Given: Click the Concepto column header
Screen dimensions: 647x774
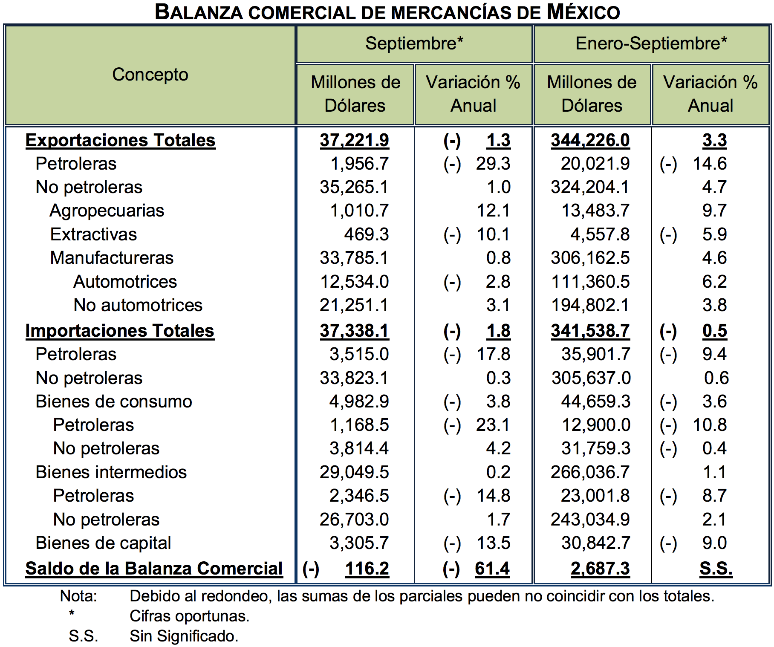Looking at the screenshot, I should pyautogui.click(x=150, y=75).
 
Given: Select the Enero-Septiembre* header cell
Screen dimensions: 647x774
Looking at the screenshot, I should pyautogui.click(x=651, y=43).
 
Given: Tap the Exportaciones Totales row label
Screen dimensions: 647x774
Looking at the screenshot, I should pyautogui.click(x=121, y=140).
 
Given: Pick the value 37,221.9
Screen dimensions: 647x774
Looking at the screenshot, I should pyautogui.click(x=354, y=140).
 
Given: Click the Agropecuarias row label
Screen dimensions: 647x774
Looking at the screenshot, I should pyautogui.click(x=107, y=211).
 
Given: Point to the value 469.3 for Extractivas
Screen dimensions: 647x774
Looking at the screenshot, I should pyautogui.click(x=366, y=234).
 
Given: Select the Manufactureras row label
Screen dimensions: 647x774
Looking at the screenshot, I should pyautogui.click(x=112, y=258).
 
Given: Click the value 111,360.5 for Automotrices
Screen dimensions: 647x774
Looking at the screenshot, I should pyautogui.click(x=590, y=282).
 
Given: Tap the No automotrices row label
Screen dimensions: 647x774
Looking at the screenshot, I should pyautogui.click(x=138, y=305).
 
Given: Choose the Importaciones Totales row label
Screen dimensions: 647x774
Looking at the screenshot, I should pyautogui.click(x=120, y=331).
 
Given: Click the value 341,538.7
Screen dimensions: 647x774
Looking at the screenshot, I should pyautogui.click(x=590, y=331).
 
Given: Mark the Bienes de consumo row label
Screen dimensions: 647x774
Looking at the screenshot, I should pyautogui.click(x=114, y=401).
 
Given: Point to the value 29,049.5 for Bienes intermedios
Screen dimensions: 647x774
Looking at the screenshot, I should pyautogui.click(x=354, y=472).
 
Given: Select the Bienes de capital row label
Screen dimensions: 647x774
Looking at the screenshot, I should pyautogui.click(x=103, y=543).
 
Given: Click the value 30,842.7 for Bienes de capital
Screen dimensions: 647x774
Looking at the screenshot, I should pyautogui.click(x=595, y=543).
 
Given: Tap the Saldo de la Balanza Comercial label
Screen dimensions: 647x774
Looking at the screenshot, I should pyautogui.click(x=154, y=569).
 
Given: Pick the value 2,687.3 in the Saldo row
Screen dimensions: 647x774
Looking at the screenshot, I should pyautogui.click(x=600, y=569).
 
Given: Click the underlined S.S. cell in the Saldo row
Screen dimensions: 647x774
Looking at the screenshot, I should pyautogui.click(x=716, y=569).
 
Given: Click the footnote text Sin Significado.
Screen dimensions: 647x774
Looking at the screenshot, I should pyautogui.click(x=184, y=636).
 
